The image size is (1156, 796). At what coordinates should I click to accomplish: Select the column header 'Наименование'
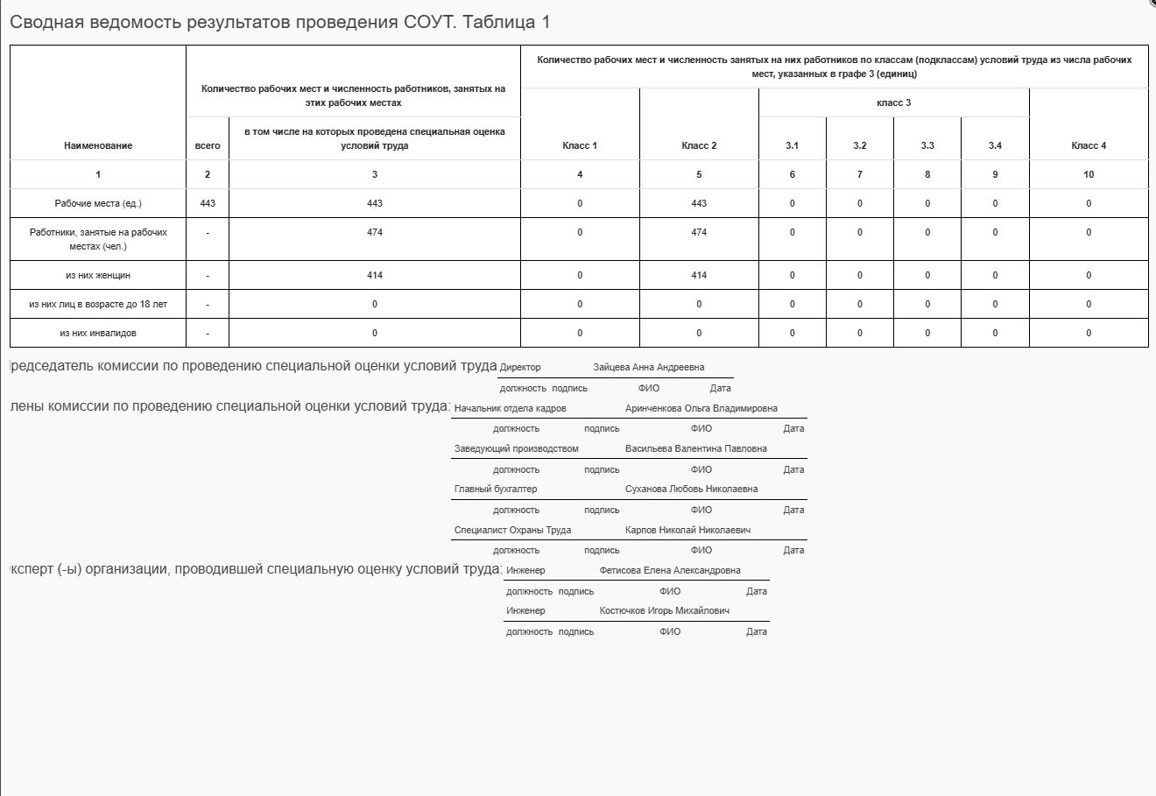click(x=98, y=145)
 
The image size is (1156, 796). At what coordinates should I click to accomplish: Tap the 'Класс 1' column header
click(x=580, y=145)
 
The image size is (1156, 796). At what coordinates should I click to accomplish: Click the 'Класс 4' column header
click(x=1089, y=145)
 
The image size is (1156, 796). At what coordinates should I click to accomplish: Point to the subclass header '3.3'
click(x=927, y=145)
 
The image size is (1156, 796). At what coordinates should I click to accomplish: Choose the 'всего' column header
click(x=208, y=145)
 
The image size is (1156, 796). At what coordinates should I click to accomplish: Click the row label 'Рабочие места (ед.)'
click(x=98, y=203)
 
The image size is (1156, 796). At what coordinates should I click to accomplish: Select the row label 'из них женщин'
click(x=98, y=275)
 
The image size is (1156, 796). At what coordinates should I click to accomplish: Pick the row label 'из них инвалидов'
click(x=98, y=333)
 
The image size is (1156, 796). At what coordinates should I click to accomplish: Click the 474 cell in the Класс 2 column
click(x=699, y=232)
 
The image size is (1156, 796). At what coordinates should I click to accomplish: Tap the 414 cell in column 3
click(x=375, y=275)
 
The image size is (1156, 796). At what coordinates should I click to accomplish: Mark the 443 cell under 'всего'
click(x=208, y=203)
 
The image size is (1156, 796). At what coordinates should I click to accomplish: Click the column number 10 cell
click(x=1089, y=174)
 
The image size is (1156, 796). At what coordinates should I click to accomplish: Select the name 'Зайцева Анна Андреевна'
click(x=648, y=367)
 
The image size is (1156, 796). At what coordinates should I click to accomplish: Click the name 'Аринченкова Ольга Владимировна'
click(x=701, y=408)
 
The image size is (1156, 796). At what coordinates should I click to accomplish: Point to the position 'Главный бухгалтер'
click(x=496, y=489)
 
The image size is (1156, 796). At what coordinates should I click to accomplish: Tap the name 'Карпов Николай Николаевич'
click(x=687, y=530)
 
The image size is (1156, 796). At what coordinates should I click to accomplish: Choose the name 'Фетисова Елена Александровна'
click(x=669, y=570)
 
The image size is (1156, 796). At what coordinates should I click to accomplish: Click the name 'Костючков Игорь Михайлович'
click(x=664, y=610)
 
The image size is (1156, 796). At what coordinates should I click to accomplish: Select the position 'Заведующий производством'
click(x=516, y=448)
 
